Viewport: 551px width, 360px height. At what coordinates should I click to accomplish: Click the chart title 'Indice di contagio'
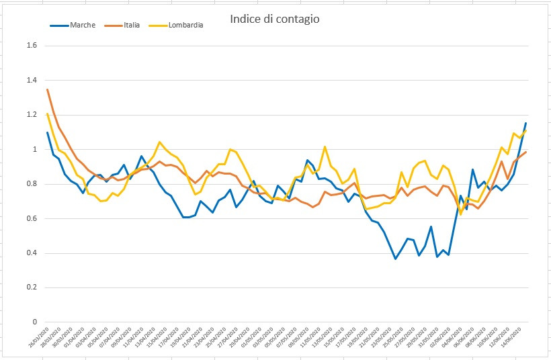tap(274, 19)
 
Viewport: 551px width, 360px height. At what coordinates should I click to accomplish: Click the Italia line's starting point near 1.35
tap(47, 89)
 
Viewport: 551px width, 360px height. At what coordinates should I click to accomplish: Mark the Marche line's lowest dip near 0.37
tap(396, 259)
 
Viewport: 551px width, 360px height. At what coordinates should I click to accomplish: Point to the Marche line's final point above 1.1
tap(525, 124)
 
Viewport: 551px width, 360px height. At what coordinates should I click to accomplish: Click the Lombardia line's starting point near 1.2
tap(47, 114)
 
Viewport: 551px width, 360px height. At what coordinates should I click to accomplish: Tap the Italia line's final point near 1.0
tap(525, 152)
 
